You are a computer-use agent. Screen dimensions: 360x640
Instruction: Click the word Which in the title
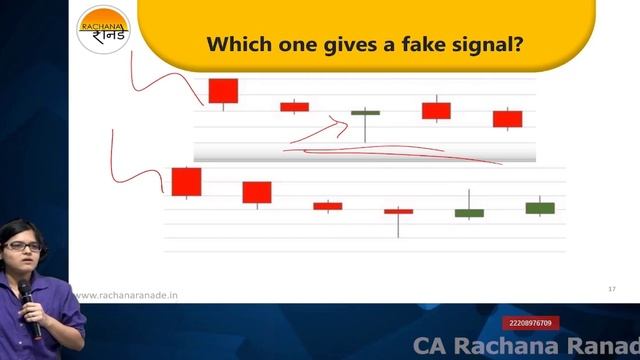pos(234,45)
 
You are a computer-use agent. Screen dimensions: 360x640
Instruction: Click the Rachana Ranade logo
pos(103,31)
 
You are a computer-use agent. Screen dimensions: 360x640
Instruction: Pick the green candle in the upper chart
pos(365,113)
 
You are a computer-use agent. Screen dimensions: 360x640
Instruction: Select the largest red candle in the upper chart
pos(223,90)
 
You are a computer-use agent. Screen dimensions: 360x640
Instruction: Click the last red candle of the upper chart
pos(507,119)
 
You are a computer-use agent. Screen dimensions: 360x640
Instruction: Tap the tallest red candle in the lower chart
pos(187,181)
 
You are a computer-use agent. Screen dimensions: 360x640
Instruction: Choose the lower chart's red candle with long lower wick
pos(398,211)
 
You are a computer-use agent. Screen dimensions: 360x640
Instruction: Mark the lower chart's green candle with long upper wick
pos(469,212)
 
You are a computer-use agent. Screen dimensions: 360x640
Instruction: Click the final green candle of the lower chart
pos(540,208)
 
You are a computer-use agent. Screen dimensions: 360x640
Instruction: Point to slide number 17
pos(611,289)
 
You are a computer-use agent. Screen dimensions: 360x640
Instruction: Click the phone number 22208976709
pos(530,322)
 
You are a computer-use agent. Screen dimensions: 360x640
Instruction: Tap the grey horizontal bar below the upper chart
pos(364,151)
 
